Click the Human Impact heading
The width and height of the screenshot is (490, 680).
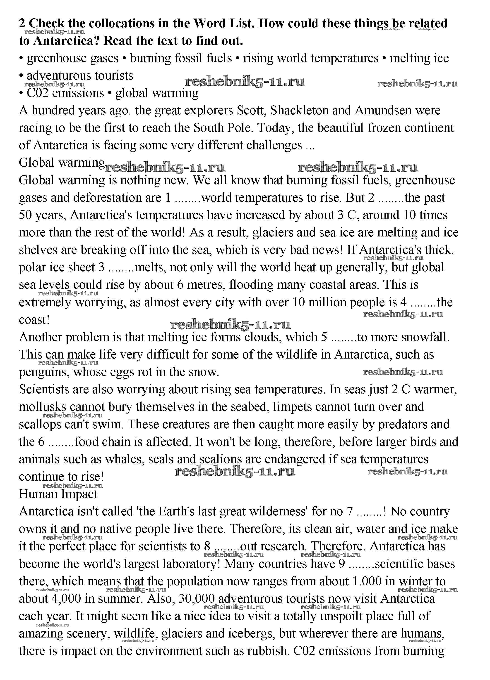tap(58, 493)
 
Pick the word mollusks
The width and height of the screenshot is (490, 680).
tap(42, 407)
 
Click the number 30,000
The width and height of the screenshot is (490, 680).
tap(196, 599)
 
